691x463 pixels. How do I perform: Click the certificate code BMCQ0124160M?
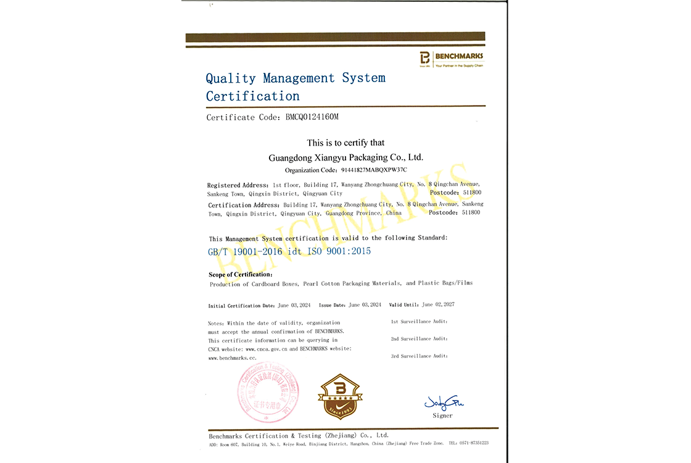pyautogui.click(x=312, y=117)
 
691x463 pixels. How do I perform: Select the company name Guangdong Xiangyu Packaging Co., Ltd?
pyautogui.click(x=346, y=157)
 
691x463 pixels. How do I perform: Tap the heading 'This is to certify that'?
pyautogui.click(x=345, y=143)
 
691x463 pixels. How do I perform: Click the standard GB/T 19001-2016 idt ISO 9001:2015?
pyautogui.click(x=290, y=251)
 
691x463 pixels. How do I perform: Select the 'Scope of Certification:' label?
pyautogui.click(x=241, y=274)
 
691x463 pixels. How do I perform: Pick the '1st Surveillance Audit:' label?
pyautogui.click(x=419, y=322)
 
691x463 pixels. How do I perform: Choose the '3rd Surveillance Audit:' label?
pyautogui.click(x=419, y=356)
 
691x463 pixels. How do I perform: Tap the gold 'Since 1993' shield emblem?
pyautogui.click(x=340, y=396)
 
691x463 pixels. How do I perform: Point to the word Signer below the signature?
pyautogui.click(x=442, y=415)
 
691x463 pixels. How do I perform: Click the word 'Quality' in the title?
pyautogui.click(x=231, y=78)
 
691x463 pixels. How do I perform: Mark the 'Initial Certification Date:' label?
pyautogui.click(x=242, y=306)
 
